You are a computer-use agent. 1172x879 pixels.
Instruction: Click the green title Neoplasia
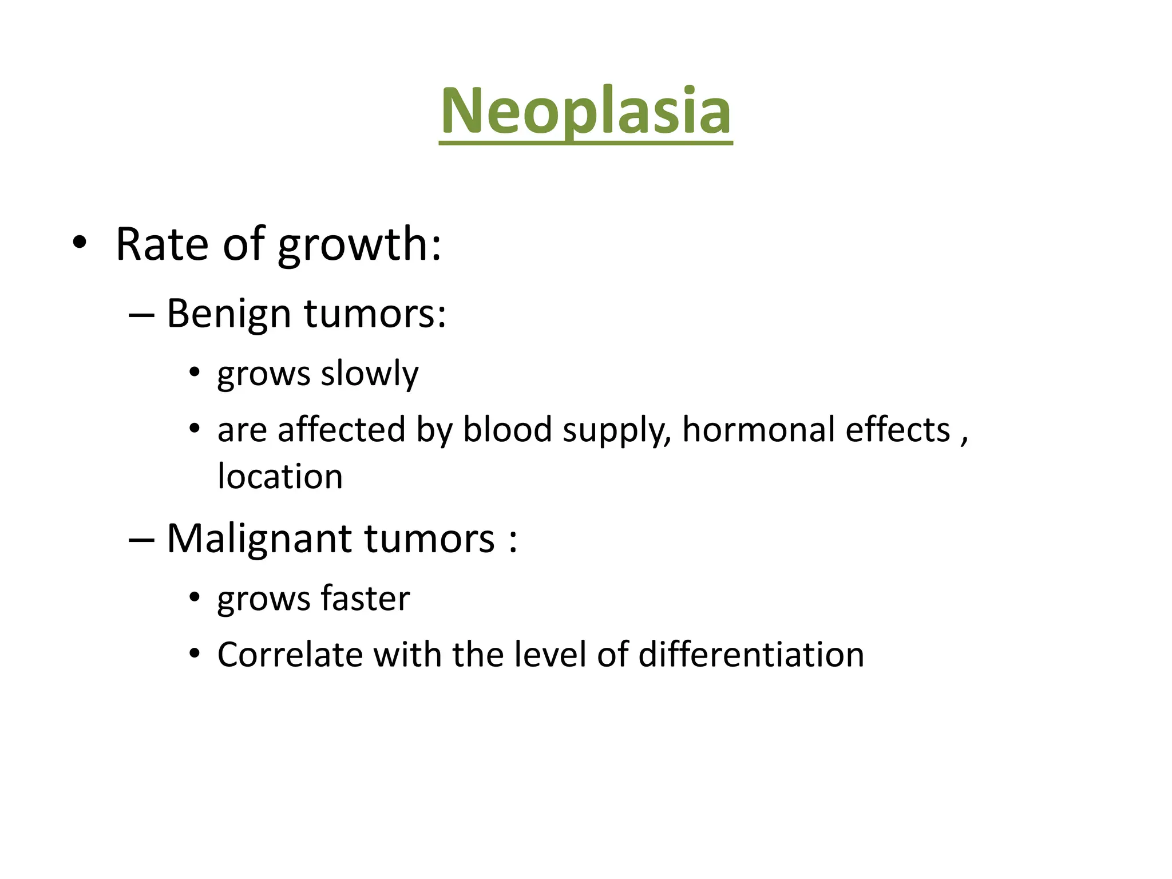click(x=585, y=112)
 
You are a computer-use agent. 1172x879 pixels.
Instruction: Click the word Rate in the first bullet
click(x=162, y=244)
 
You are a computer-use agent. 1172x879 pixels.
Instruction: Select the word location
click(x=280, y=477)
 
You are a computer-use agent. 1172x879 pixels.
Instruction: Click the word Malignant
click(x=259, y=540)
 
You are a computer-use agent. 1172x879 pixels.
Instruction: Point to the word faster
click(x=365, y=599)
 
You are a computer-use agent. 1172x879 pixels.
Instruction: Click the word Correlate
click(x=290, y=655)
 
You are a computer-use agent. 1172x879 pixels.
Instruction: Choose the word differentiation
click(x=751, y=655)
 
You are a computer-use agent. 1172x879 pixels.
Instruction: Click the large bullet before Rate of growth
click(x=80, y=243)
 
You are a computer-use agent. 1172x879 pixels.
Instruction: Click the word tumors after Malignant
click(x=429, y=540)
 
